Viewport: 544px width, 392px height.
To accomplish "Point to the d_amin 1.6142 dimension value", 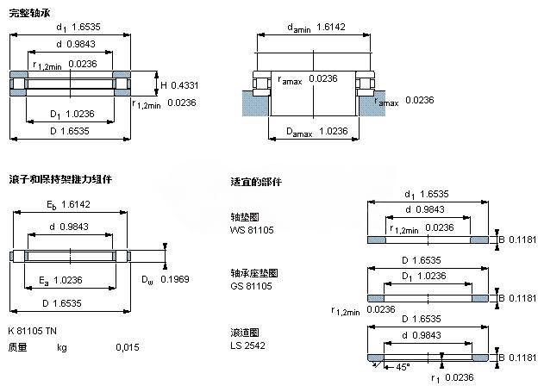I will coord(328,28).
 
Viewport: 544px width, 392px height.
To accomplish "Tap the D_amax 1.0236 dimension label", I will coord(316,131).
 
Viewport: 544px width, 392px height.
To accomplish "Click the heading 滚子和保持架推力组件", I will coord(59,179).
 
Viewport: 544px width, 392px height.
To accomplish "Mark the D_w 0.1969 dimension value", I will coord(164,279).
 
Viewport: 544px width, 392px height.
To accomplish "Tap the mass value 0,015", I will coord(127,347).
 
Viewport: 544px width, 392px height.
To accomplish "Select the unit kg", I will coord(61,347).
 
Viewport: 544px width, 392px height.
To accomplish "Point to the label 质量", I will coord(17,347).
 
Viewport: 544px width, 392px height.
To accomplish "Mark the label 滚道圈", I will coord(245,332).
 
